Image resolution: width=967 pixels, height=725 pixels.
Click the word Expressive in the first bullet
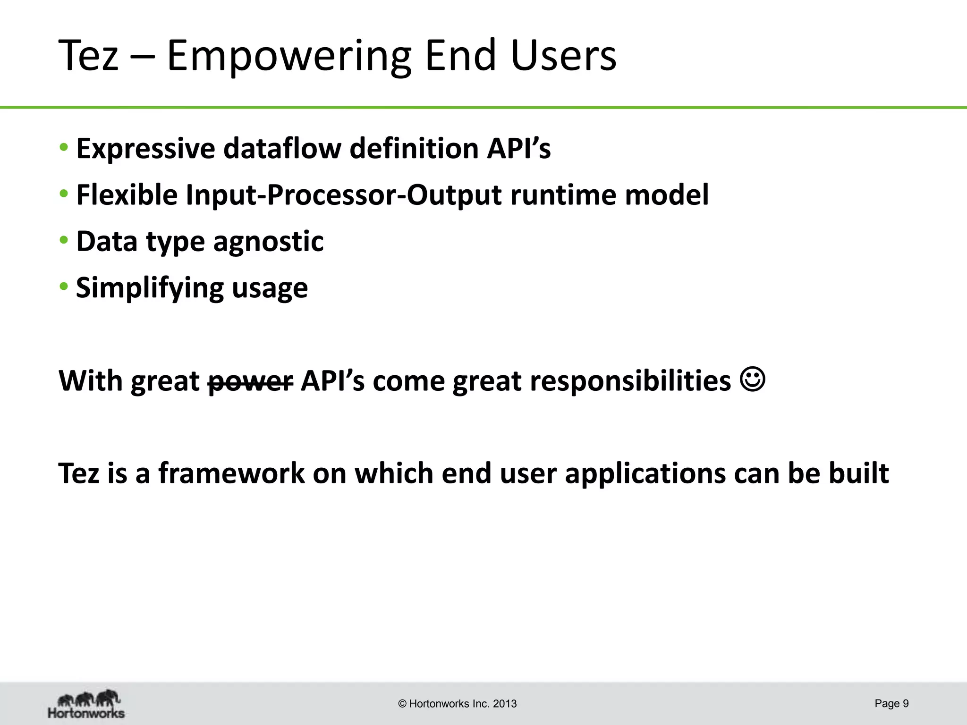(x=145, y=149)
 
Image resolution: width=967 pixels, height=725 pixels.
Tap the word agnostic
(x=268, y=241)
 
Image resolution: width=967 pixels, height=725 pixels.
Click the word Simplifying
(x=149, y=288)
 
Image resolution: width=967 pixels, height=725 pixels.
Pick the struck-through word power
(x=251, y=381)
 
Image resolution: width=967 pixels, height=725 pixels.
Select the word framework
(x=231, y=473)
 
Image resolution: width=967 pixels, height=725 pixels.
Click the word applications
(x=645, y=473)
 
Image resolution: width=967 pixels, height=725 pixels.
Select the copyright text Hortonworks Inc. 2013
(x=458, y=704)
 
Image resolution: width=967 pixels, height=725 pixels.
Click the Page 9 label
(x=891, y=703)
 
